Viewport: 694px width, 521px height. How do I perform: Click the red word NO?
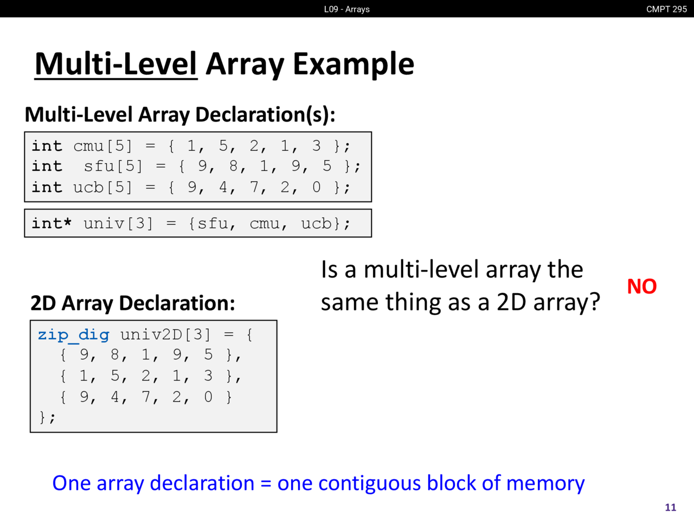[641, 287]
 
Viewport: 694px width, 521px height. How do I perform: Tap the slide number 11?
[670, 507]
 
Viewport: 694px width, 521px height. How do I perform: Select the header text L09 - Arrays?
[347, 9]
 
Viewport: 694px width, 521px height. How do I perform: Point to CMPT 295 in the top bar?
[666, 9]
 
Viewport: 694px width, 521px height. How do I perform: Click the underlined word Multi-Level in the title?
[116, 64]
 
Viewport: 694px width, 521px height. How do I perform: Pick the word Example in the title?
[354, 65]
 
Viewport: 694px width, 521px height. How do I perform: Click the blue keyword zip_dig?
[74, 335]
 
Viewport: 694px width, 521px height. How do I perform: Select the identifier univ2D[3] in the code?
[165, 335]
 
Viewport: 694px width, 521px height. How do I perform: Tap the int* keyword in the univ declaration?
[52, 223]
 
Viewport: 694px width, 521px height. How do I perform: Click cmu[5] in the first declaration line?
[103, 146]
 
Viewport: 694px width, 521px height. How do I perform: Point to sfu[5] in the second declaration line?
[113, 166]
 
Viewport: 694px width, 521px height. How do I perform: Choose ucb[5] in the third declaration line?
[103, 187]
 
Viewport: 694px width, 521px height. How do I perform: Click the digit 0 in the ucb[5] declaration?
[317, 187]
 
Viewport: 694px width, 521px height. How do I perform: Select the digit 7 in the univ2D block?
[146, 397]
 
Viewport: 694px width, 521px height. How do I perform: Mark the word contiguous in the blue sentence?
[370, 484]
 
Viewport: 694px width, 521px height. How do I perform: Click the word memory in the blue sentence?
[545, 484]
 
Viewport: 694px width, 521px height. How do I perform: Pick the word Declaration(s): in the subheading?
[265, 115]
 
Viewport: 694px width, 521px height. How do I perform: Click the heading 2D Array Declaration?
[133, 303]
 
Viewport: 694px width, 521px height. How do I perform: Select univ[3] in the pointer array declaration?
[118, 224]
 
